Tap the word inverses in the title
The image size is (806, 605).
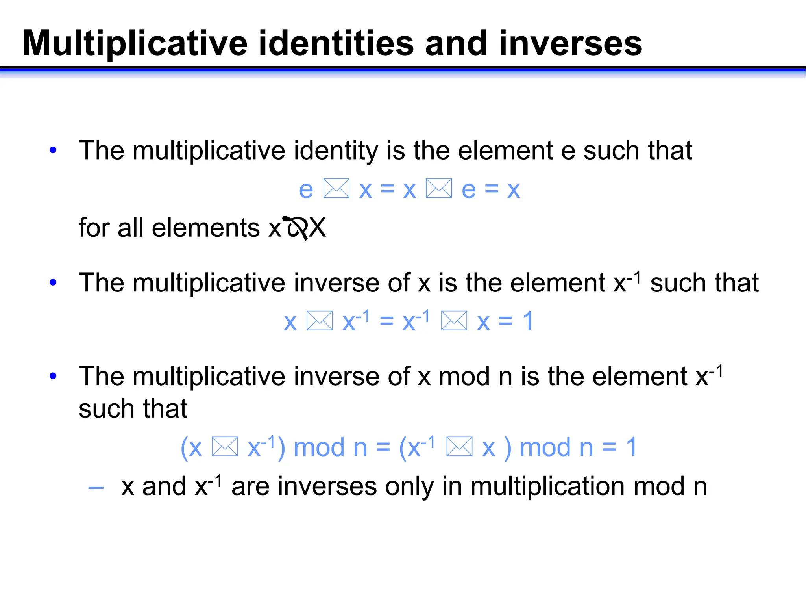570,43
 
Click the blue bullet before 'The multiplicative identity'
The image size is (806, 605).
53,150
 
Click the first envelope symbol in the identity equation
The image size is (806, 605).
336,188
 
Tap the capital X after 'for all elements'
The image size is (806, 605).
317,228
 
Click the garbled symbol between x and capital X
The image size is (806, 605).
296,228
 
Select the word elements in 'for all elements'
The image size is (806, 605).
206,228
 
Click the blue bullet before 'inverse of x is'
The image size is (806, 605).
53,282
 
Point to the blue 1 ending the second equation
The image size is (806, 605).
528,321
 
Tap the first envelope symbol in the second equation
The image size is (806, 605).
320,321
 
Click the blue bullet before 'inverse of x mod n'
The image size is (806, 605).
53,376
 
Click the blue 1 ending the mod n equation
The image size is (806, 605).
631,447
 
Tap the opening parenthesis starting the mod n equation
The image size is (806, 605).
184,448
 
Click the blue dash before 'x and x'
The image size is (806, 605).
96,488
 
